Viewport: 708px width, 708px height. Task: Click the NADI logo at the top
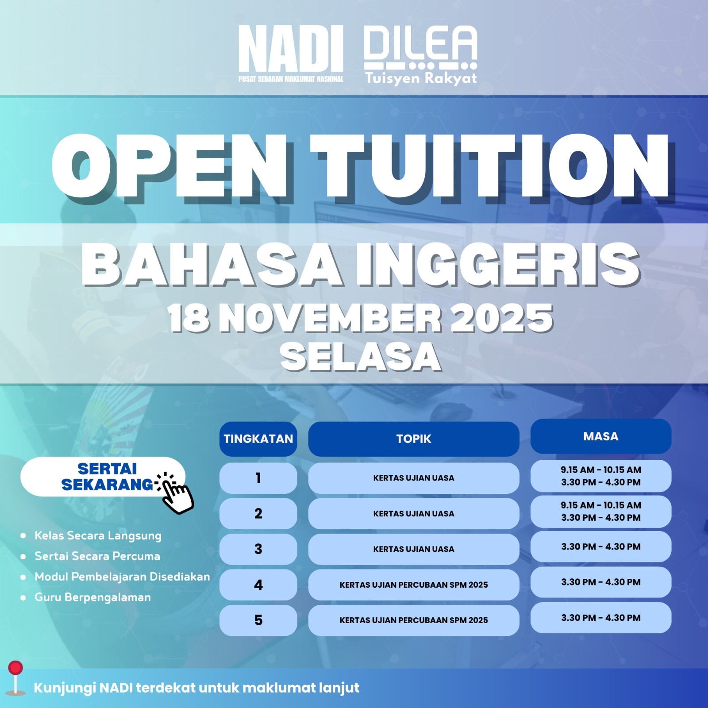[x=291, y=54]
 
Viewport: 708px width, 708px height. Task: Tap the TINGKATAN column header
[x=258, y=439]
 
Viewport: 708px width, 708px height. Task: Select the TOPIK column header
[x=414, y=439]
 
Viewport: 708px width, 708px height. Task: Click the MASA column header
[x=601, y=436]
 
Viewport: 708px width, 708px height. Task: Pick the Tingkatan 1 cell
[x=258, y=478]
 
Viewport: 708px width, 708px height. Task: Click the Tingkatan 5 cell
[x=258, y=620]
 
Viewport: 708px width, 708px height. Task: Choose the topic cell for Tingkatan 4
[x=414, y=585]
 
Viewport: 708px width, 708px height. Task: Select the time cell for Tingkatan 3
[x=601, y=546]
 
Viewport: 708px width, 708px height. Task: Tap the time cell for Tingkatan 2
[x=601, y=512]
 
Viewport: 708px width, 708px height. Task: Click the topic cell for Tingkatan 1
[x=414, y=478]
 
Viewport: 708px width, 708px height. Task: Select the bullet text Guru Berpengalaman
[x=93, y=597]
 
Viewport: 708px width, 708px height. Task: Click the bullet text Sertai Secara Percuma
[x=97, y=556]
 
